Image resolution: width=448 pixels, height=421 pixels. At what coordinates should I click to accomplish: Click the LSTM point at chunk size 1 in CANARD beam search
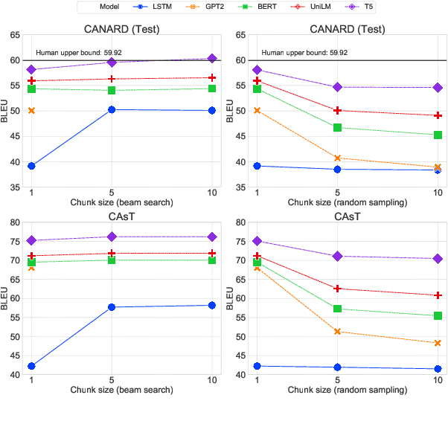[x=31, y=166]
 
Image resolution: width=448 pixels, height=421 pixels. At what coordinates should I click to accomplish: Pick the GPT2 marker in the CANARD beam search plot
[x=31, y=111]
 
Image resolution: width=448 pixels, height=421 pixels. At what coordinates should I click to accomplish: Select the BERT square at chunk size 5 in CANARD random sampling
[x=337, y=127]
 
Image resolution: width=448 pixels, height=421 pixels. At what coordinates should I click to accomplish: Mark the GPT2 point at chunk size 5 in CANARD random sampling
[x=337, y=158]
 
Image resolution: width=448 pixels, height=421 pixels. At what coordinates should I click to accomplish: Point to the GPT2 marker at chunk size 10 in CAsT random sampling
[x=438, y=343]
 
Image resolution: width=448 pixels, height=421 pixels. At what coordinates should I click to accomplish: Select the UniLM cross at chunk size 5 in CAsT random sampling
[x=337, y=289]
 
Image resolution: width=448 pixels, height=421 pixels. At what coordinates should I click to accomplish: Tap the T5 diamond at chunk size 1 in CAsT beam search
[x=31, y=240]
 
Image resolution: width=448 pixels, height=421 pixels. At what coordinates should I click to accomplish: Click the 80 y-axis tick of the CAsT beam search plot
[x=15, y=222]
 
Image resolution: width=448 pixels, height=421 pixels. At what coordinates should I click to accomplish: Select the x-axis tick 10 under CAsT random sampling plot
[x=438, y=380]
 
